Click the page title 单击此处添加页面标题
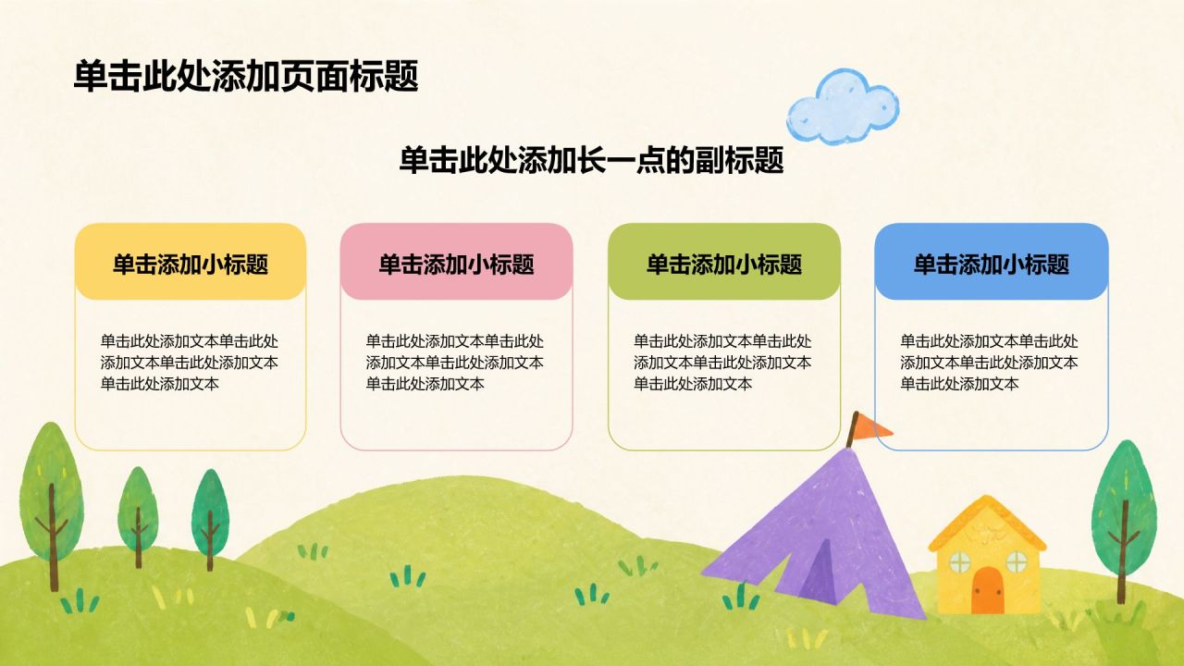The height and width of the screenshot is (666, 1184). coord(246,76)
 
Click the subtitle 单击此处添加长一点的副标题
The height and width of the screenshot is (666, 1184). coord(591,160)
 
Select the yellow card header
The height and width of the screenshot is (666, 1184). coord(191,262)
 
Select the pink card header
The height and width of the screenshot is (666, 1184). coord(456,262)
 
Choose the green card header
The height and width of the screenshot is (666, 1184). coord(724,262)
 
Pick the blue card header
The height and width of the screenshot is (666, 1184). coord(992,262)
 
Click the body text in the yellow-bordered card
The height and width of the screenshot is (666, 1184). coord(190,362)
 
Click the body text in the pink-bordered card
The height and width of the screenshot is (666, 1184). coord(454,362)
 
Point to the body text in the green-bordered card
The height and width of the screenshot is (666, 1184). coord(722,362)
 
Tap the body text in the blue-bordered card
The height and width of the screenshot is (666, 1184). coord(989,362)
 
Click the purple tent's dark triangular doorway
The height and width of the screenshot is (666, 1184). coord(820,575)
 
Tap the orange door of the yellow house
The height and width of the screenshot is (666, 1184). coord(987,590)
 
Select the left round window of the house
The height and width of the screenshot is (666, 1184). coord(959,562)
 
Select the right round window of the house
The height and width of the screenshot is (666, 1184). coord(1016,561)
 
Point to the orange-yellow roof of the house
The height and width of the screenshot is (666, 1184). coord(987,524)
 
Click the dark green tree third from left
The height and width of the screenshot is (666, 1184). coord(210,519)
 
